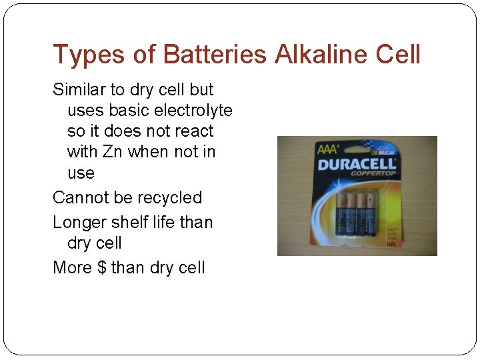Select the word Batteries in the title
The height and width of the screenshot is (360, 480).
pyautogui.click(x=214, y=55)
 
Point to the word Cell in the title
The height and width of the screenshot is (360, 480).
pyautogui.click(x=398, y=55)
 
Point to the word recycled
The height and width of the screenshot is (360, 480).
pyautogui.click(x=169, y=198)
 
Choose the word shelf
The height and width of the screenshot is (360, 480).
pyautogui.click(x=136, y=222)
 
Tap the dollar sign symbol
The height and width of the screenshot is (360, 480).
pyautogui.click(x=101, y=268)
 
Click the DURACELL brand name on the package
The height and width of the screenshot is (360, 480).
pyautogui.click(x=357, y=164)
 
